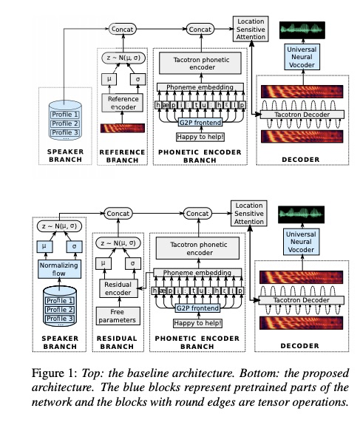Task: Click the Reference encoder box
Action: click(122, 103)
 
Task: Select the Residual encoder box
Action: click(118, 288)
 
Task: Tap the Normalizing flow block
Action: click(59, 269)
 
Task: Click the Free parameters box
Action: click(118, 316)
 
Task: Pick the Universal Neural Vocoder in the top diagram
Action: click(302, 57)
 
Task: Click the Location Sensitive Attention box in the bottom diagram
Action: click(249, 214)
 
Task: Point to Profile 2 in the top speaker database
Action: click(65, 123)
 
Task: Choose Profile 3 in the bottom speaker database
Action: click(60, 319)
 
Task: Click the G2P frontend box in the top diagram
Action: click(200, 122)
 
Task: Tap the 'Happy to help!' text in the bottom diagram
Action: click(198, 323)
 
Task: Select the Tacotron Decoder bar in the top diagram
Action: click(302, 115)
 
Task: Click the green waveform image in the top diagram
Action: click(302, 30)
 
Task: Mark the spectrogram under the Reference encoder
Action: click(123, 128)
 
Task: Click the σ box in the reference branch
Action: click(137, 79)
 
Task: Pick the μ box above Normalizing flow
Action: click(44, 246)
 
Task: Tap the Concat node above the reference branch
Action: click(123, 29)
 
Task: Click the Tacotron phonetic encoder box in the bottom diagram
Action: click(198, 248)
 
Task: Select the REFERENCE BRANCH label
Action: click(122, 156)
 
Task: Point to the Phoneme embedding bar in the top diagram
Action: click(200, 87)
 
